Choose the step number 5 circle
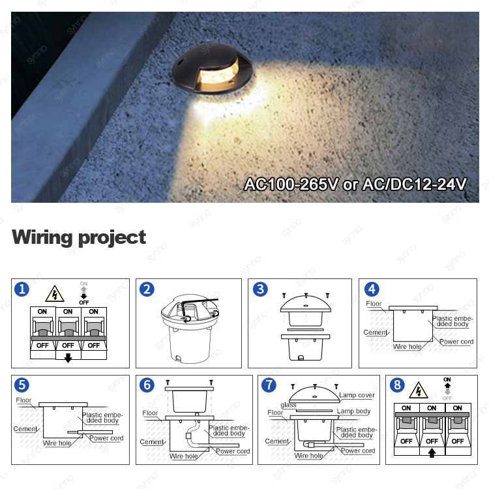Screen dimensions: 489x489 (x=23, y=385)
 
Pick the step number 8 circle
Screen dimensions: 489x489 (x=396, y=385)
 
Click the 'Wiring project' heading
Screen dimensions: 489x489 (x=79, y=237)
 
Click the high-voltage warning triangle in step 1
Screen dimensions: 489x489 (x=54, y=294)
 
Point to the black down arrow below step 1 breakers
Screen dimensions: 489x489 (x=68, y=357)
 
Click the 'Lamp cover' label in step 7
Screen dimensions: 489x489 (x=357, y=396)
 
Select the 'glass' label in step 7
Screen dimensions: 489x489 (x=288, y=405)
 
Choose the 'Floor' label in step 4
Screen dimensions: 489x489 (x=374, y=304)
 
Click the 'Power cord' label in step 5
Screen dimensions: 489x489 (x=107, y=438)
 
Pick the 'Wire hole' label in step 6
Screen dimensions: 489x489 (x=184, y=456)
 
